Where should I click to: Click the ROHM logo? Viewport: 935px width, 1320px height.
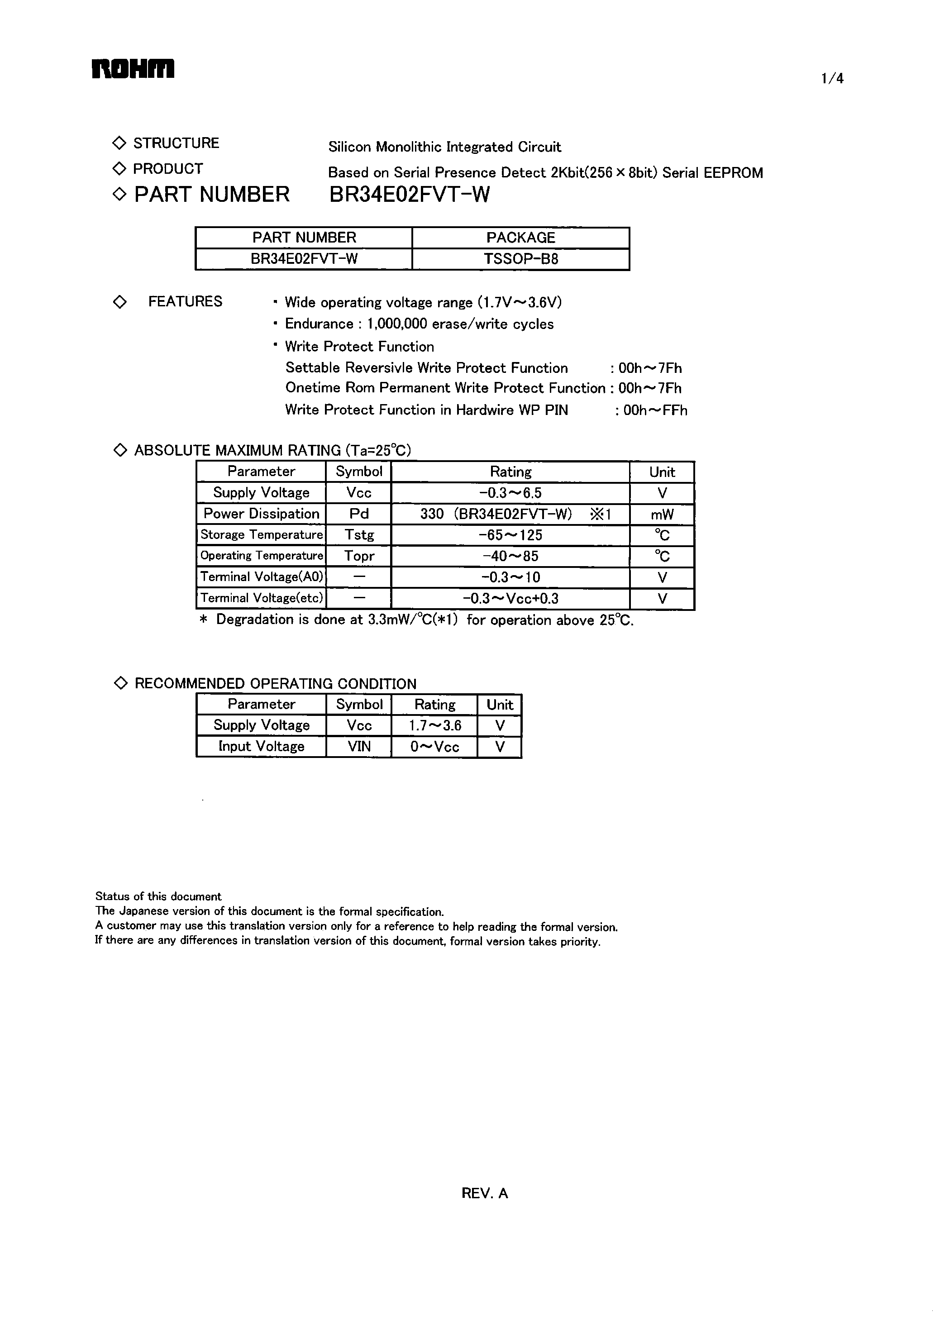[x=133, y=69]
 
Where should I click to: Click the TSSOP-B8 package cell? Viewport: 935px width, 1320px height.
[x=520, y=259]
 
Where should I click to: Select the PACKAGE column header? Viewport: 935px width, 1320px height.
[x=520, y=238]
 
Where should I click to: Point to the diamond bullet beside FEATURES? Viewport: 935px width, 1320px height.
[x=120, y=302]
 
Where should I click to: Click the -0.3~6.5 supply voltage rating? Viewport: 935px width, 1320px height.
[x=510, y=493]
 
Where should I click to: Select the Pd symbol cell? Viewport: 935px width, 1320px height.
[x=359, y=514]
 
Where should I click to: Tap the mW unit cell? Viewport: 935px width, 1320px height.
[x=662, y=515]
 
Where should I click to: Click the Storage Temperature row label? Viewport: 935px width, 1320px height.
[x=262, y=535]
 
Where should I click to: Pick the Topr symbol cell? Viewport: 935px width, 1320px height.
[x=359, y=556]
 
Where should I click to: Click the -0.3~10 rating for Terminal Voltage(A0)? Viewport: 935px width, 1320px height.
[x=510, y=577]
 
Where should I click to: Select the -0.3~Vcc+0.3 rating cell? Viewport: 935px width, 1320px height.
[x=510, y=599]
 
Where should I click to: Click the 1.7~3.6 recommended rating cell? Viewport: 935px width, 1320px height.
[x=434, y=725]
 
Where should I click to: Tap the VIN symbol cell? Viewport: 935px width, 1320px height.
[x=359, y=747]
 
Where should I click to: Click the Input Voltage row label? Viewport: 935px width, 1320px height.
[x=262, y=747]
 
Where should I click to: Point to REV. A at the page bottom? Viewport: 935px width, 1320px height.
[x=484, y=1193]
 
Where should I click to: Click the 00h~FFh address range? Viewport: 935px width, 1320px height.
[x=655, y=410]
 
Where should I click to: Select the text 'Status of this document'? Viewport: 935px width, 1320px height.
[x=158, y=896]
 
